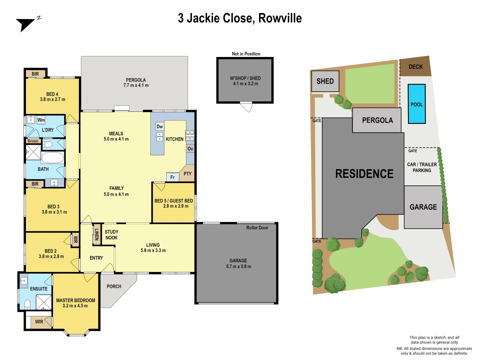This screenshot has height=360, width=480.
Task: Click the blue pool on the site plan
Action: pyautogui.click(x=417, y=104)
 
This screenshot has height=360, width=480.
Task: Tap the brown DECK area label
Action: pyautogui.click(x=416, y=67)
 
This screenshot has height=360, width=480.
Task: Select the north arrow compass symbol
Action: pyautogui.click(x=27, y=24)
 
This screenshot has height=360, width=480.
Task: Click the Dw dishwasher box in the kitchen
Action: pyautogui.click(x=160, y=127)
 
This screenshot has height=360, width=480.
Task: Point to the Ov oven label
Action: pyautogui.click(x=190, y=149)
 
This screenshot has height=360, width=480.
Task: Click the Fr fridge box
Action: pyautogui.click(x=172, y=177)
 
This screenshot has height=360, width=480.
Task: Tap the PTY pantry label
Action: pyautogui.click(x=187, y=174)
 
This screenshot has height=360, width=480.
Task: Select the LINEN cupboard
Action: pyautogui.click(x=97, y=234)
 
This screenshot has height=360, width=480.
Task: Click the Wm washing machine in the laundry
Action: pyautogui.click(x=41, y=120)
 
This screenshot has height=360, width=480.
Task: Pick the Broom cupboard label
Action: pyautogui.click(x=33, y=141)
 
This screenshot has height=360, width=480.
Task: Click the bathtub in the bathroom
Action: pyautogui.click(x=52, y=158)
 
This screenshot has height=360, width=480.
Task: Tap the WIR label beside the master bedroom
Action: pyautogui.click(x=39, y=322)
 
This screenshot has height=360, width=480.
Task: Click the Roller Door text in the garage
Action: pyautogui.click(x=257, y=228)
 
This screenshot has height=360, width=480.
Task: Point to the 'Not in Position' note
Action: pyautogui.click(x=246, y=54)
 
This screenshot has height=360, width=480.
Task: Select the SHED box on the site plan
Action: pyautogui.click(x=325, y=81)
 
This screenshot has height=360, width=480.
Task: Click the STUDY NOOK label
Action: pyautogui.click(x=111, y=235)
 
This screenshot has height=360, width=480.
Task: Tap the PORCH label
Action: pyautogui.click(x=114, y=286)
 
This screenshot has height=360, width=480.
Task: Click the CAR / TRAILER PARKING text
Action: pyautogui.click(x=422, y=167)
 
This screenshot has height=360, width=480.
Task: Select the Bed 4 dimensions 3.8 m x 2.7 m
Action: pyautogui.click(x=53, y=99)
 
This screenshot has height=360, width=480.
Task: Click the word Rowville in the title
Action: pyautogui.click(x=280, y=18)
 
